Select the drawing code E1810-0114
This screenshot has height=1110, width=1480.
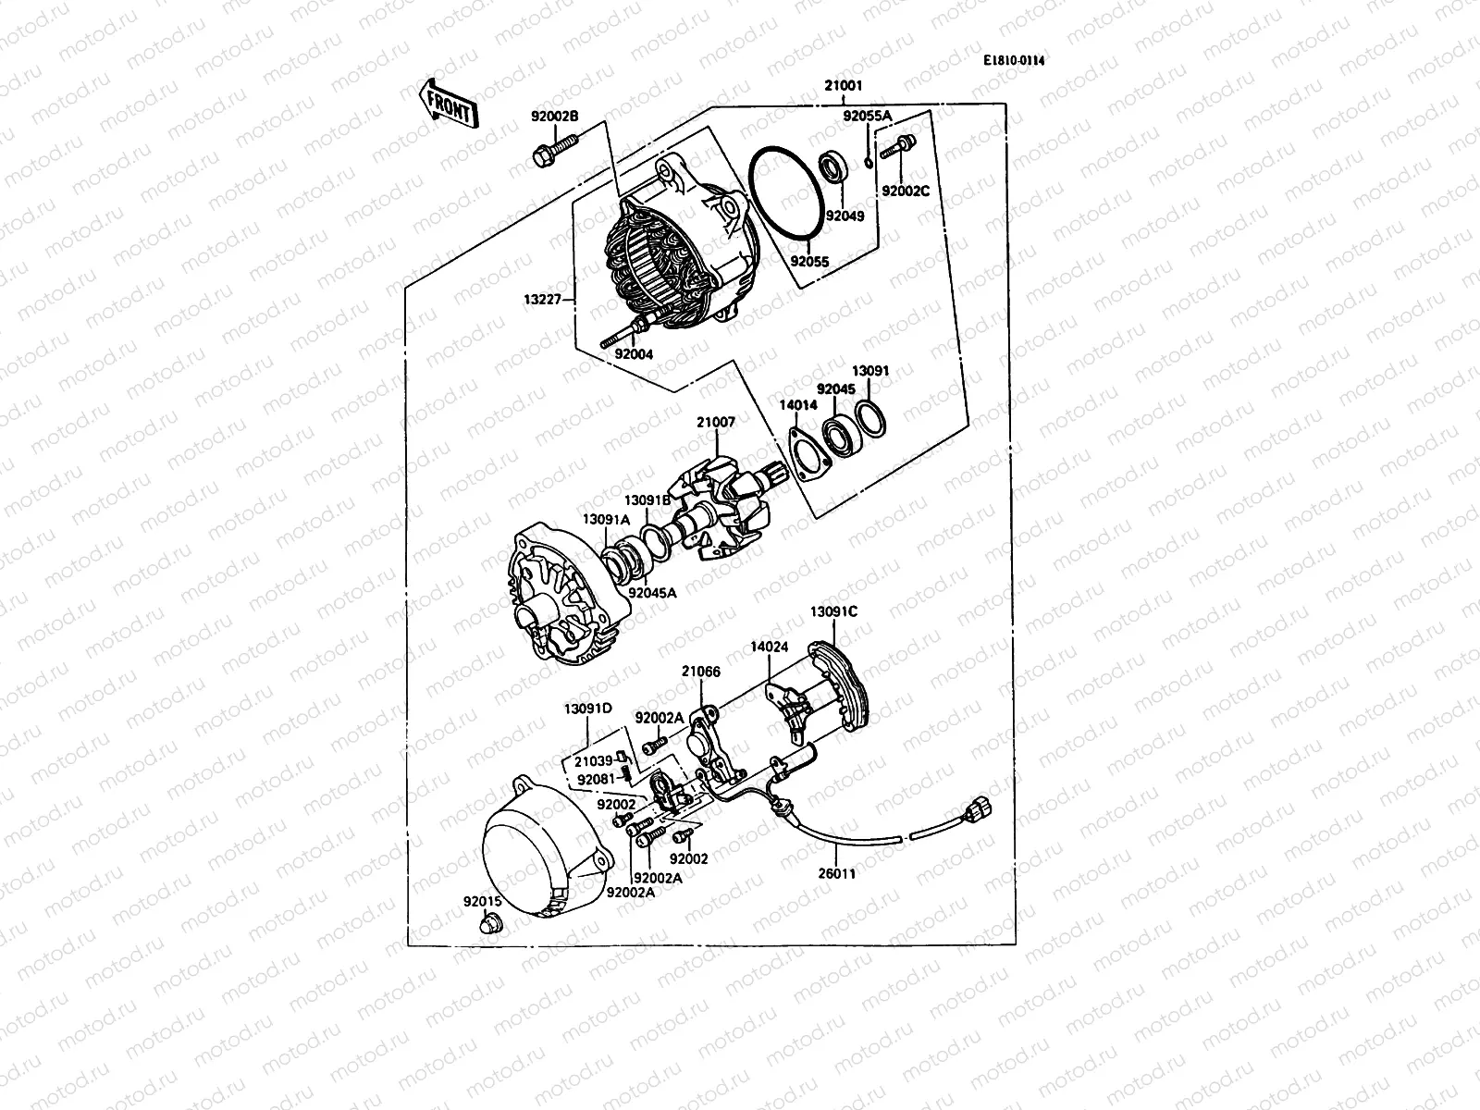click(1019, 60)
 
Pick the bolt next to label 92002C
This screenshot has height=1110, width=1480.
click(899, 146)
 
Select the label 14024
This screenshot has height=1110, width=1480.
click(769, 647)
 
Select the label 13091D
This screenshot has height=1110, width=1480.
click(588, 709)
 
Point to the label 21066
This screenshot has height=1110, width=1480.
click(701, 672)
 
